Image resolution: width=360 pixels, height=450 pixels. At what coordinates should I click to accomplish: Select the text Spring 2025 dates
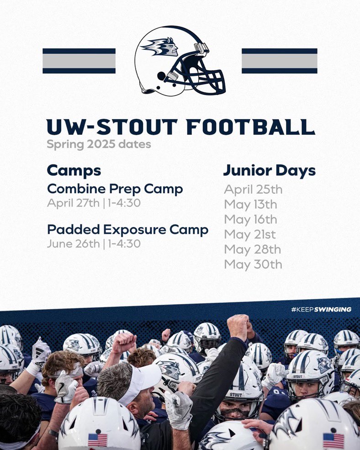click(x=99, y=145)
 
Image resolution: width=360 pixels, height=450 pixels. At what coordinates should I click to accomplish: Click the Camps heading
click(x=74, y=170)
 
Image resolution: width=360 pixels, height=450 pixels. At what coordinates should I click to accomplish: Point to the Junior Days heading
click(x=269, y=170)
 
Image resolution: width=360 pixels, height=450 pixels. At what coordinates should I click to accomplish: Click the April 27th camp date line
click(x=93, y=203)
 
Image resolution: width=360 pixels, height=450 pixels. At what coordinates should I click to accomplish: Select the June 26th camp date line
click(x=93, y=244)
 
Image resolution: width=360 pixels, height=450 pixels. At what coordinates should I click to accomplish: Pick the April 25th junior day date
click(x=253, y=189)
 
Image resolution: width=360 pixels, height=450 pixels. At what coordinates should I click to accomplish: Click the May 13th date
click(x=250, y=204)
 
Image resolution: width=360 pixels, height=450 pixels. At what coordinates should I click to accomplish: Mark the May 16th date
click(x=250, y=219)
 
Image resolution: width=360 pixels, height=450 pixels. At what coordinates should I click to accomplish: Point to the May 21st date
click(x=250, y=234)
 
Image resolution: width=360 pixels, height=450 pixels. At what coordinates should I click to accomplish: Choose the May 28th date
click(x=252, y=249)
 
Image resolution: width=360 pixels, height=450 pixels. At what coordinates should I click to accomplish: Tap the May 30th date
click(x=253, y=265)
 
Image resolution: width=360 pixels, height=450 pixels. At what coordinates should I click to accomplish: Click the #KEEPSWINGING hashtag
click(x=321, y=309)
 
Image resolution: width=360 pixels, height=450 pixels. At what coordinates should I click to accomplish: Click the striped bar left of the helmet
click(x=79, y=61)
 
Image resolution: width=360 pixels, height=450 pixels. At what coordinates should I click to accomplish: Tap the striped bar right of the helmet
click(x=279, y=61)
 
